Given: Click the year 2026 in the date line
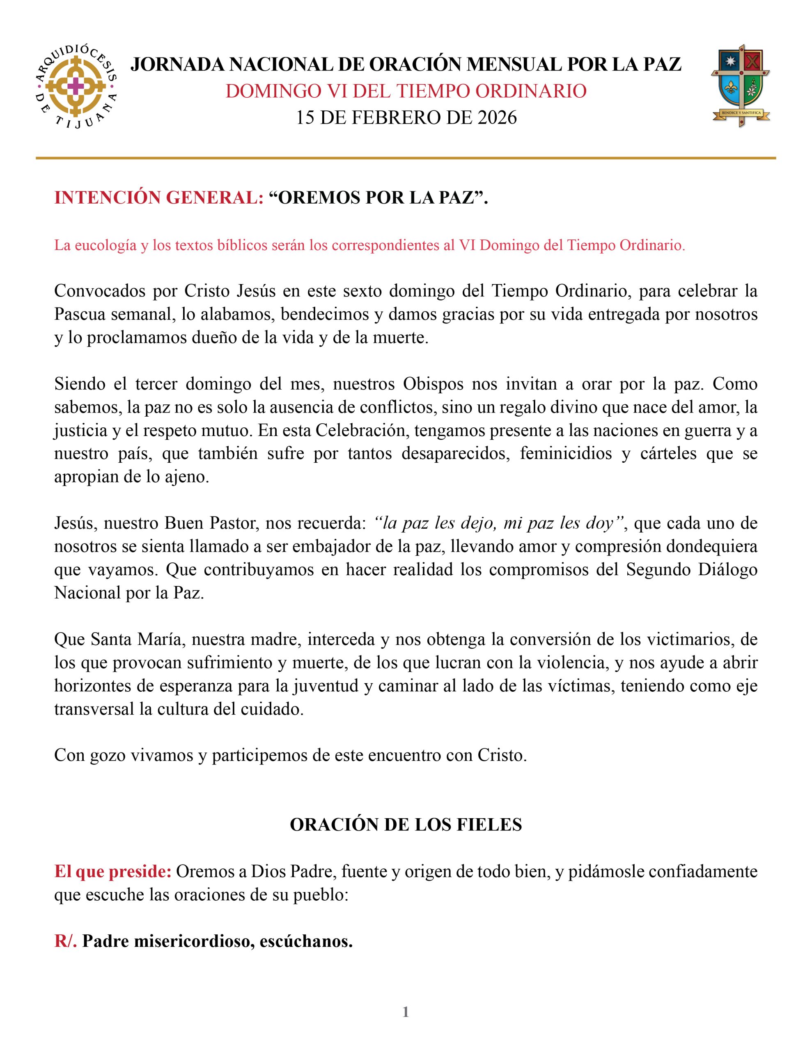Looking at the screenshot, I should point(497,117).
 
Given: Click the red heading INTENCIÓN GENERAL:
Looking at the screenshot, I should point(159,198).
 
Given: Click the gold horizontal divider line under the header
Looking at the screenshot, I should point(406,158).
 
